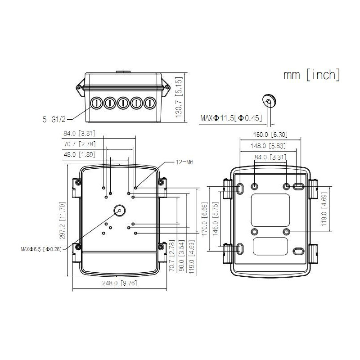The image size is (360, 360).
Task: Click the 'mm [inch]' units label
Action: click(x=312, y=75)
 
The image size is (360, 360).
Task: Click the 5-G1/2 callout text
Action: click(x=54, y=119)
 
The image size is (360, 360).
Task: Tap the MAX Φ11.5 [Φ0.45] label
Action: click(x=231, y=118)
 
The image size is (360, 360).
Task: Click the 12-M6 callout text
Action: click(x=172, y=162)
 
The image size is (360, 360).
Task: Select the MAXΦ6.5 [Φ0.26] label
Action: click(x=41, y=249)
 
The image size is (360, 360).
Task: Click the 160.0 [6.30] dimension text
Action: click(x=270, y=135)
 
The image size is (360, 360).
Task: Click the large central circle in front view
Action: click(x=120, y=210)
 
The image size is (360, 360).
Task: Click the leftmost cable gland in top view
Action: click(x=96, y=103)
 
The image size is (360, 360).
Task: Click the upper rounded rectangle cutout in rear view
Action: click(x=270, y=210)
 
